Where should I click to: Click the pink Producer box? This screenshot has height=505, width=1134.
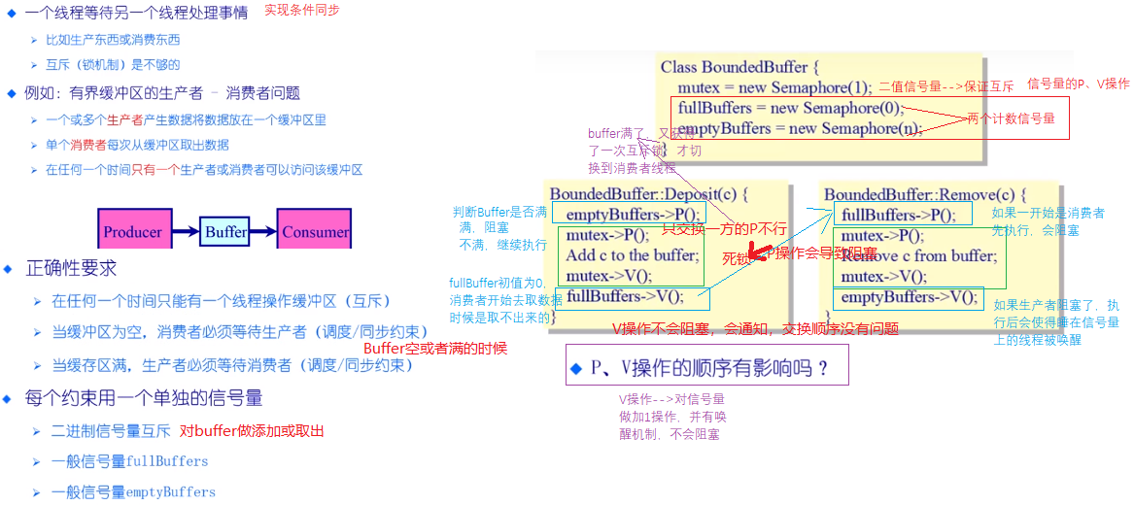133,231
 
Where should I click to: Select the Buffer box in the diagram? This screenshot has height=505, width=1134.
225,232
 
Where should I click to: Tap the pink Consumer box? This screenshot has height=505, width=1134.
315,231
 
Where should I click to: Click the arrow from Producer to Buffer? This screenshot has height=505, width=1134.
185,232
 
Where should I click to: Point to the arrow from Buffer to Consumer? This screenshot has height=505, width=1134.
264,232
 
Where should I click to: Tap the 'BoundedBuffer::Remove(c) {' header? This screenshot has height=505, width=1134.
925,194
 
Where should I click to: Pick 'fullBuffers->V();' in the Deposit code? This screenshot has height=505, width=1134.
625,296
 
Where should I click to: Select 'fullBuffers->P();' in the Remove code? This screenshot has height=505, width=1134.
899,215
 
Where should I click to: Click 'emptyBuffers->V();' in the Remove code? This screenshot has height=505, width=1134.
909,297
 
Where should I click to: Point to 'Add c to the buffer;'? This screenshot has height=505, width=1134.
632,255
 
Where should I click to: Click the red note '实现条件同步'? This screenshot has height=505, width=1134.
304,10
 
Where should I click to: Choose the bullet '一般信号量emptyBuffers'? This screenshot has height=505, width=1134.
132,491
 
